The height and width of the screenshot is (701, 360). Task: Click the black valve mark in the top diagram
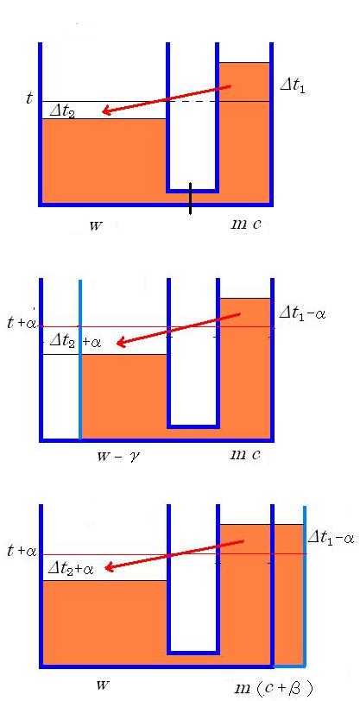coord(190,198)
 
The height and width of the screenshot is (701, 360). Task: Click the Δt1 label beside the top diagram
coord(293,85)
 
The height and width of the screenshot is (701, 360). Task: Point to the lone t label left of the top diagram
coord(29,98)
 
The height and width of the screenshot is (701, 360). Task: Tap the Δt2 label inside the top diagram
coord(62,111)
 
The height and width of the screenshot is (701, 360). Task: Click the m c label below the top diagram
coord(244,224)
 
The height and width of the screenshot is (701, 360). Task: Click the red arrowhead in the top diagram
coord(106,111)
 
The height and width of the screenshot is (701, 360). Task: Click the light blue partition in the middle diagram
coord(80,359)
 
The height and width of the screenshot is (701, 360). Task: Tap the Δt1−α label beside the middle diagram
coord(302,313)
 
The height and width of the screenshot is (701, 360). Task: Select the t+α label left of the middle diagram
coord(22,322)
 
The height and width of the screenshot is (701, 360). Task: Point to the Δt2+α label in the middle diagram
coord(75,342)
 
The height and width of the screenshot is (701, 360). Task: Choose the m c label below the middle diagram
coord(244,455)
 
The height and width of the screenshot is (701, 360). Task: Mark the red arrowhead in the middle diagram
coord(121,343)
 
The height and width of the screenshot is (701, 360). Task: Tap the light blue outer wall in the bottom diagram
coord(305,585)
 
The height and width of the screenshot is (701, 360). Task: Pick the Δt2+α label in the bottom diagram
coord(71,568)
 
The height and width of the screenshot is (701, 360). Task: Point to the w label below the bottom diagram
coord(103,685)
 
